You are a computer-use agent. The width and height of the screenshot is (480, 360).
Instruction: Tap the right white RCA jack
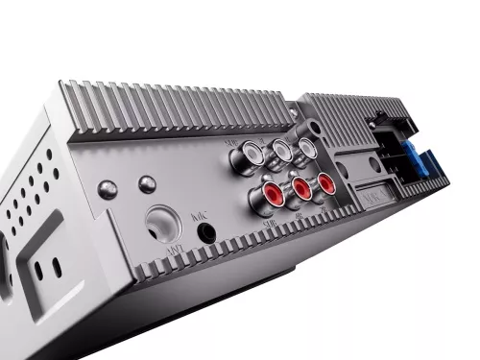pyautogui.click(x=305, y=145)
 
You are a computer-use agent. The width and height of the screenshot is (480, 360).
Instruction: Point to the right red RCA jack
pyautogui.click(x=326, y=180)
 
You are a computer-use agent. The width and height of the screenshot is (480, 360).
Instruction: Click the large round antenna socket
pyautogui.click(x=164, y=225)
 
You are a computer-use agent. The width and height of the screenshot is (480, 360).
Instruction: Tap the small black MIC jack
pyautogui.click(x=204, y=230)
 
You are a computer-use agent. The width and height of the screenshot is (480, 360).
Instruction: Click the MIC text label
pyautogui.click(x=199, y=215)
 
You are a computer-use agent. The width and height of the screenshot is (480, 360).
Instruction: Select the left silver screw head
pyautogui.click(x=108, y=189)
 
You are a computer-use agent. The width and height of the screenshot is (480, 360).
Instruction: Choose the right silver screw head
pyautogui.click(x=147, y=183)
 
